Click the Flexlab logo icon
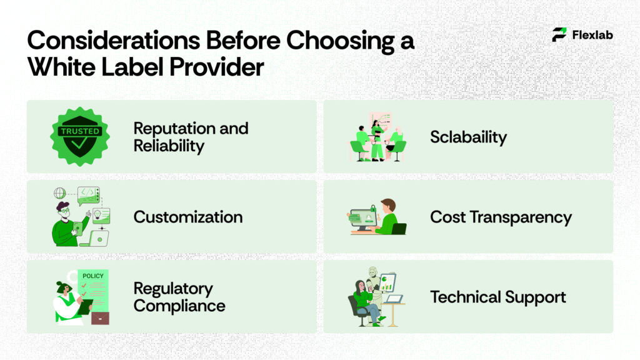pyautogui.click(x=559, y=35)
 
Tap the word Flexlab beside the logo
pyautogui.click(x=592, y=35)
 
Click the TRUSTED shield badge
pyautogui.click(x=79, y=136)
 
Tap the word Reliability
pyautogui.click(x=169, y=146)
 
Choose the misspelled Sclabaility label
pyautogui.click(x=468, y=137)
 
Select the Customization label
pyautogui.click(x=187, y=217)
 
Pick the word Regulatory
pyautogui.click(x=173, y=289)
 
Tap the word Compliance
pyautogui.click(x=179, y=306)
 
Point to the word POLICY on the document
pyautogui.click(x=93, y=276)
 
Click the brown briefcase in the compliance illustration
pyautogui.click(x=100, y=317)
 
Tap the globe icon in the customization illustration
pyautogui.click(x=60, y=193)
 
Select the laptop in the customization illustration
pyautogui.click(x=98, y=238)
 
